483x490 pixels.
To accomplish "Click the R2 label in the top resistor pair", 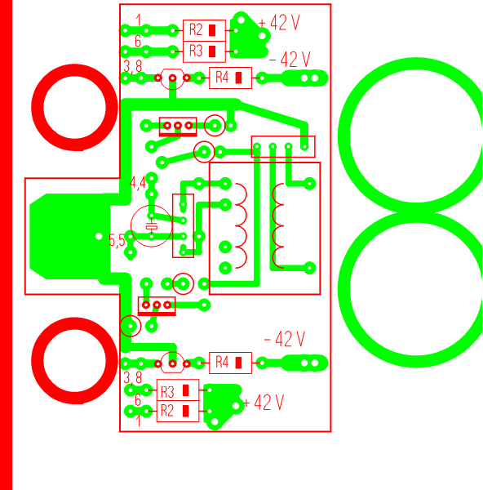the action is coord(196,29).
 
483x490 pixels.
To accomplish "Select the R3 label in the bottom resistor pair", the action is coord(167,392).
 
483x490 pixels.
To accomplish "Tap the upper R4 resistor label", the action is coord(222,77).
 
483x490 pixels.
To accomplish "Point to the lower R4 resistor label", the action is coord(222,362).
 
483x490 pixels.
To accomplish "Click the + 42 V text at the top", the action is coord(279,23).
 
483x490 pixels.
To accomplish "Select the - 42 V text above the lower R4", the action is coord(285,339).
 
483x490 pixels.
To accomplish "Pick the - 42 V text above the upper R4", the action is coord(290,60).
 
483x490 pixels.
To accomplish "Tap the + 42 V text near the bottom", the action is coord(264,402).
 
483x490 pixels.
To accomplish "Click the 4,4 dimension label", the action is coord(138,183).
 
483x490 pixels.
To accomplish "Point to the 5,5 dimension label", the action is coord(117,241).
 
